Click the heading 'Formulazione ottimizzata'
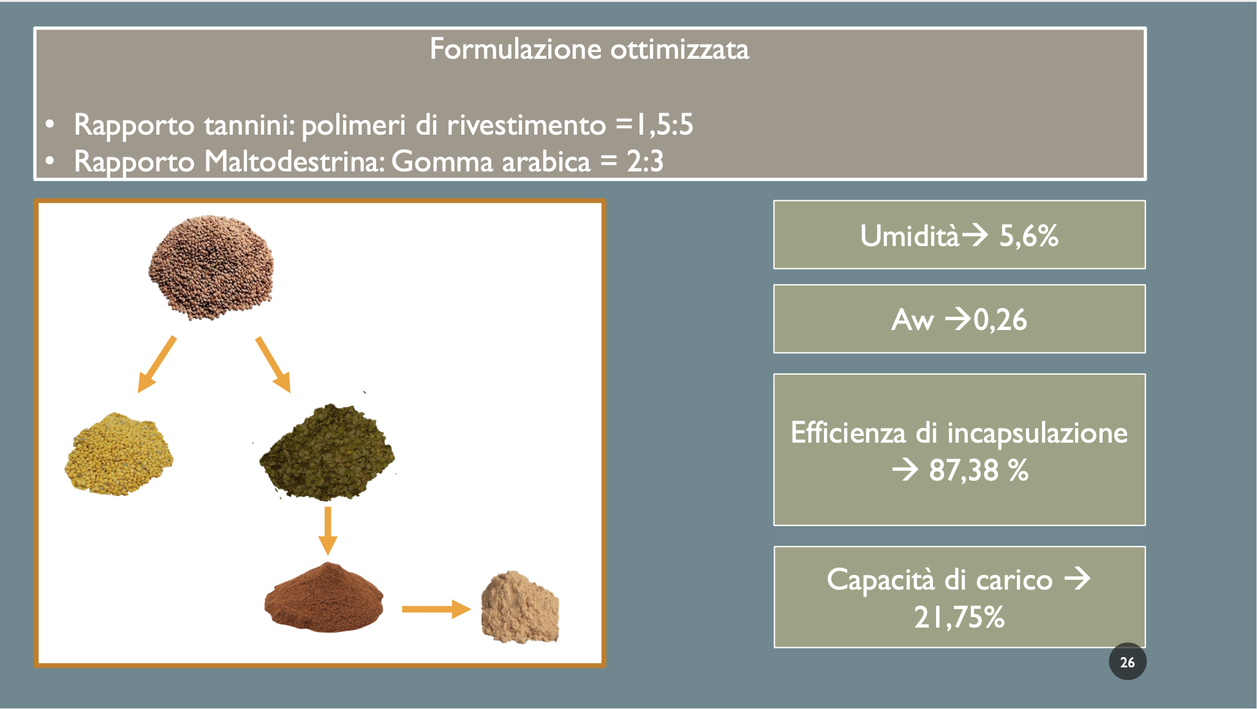(x=589, y=49)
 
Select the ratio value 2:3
(x=645, y=162)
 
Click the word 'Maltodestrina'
(x=295, y=162)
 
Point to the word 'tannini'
(x=246, y=125)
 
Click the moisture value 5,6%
(x=1029, y=236)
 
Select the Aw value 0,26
(x=1000, y=320)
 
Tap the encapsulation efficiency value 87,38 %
(x=979, y=470)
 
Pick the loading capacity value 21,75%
(x=959, y=617)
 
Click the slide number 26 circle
(x=1127, y=661)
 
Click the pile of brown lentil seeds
(x=211, y=267)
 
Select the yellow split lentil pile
(x=118, y=454)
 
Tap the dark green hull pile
(x=327, y=452)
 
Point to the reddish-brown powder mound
(x=324, y=598)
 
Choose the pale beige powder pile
(x=520, y=607)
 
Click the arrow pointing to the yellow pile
(x=157, y=364)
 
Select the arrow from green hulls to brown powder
(x=328, y=531)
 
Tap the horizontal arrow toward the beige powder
(x=436, y=609)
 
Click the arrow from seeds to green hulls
(x=273, y=364)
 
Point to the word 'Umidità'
(x=910, y=236)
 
